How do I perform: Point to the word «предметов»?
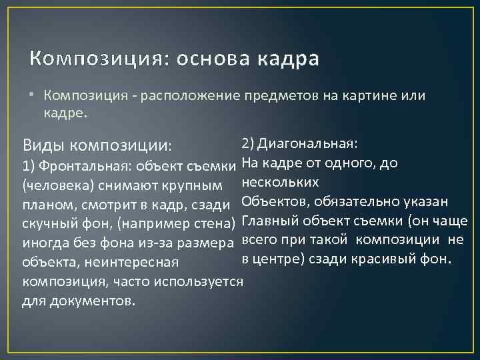(x=280, y=96)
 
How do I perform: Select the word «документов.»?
(x=78, y=301)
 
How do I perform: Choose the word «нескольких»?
(x=279, y=181)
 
